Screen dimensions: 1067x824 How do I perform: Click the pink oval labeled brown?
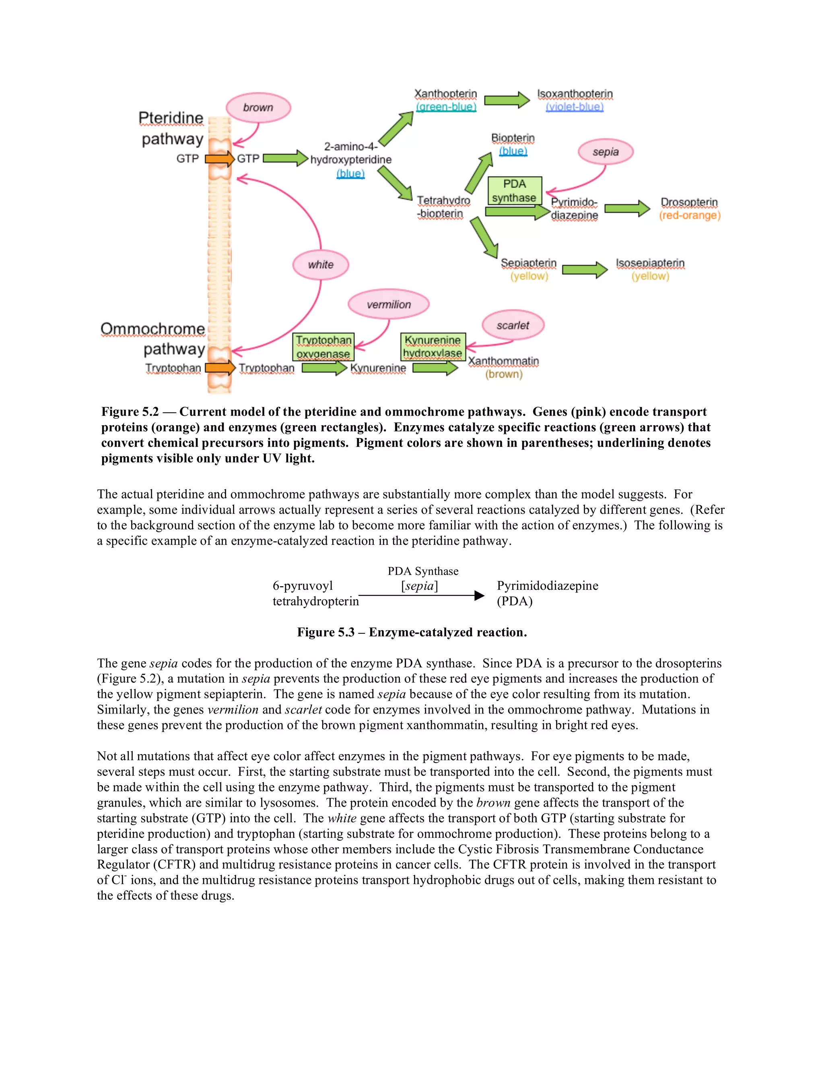click(x=258, y=108)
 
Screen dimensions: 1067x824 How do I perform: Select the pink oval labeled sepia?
click(x=605, y=152)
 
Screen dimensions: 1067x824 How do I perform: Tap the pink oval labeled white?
click(x=321, y=265)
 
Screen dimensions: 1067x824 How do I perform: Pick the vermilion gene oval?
click(x=389, y=304)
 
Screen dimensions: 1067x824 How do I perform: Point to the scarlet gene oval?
click(x=513, y=325)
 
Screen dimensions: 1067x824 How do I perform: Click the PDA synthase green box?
click(x=515, y=190)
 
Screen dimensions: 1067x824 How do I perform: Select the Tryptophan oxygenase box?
click(x=323, y=346)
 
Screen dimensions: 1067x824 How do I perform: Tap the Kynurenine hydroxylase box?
click(x=433, y=346)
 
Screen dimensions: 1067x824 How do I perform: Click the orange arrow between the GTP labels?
click(x=220, y=159)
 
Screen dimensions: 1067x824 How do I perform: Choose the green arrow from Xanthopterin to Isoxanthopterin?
click(x=507, y=100)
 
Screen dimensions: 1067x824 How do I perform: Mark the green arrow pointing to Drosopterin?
click(x=627, y=209)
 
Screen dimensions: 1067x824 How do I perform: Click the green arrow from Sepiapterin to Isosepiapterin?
click(x=584, y=270)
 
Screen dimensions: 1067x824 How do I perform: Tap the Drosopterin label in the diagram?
click(x=689, y=202)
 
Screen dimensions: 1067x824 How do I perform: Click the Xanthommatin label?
click(x=503, y=361)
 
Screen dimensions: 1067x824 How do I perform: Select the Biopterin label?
click(x=513, y=138)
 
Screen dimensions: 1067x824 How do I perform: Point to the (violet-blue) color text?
click(x=575, y=107)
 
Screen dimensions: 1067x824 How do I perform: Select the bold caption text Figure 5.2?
click(x=130, y=412)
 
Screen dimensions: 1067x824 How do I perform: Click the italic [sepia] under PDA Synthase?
click(x=419, y=586)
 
